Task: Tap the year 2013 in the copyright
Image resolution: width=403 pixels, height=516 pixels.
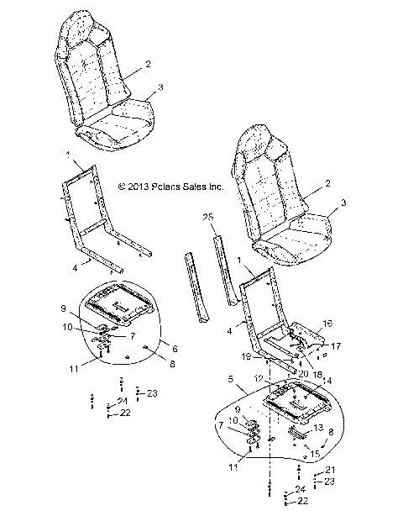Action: click(x=131, y=189)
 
